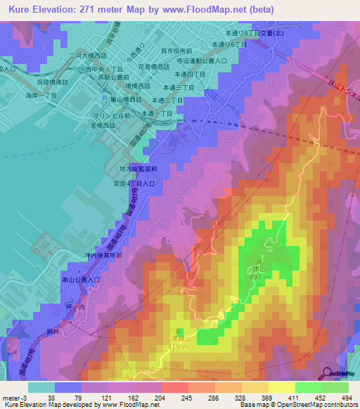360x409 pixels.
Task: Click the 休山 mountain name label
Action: pos(259,268)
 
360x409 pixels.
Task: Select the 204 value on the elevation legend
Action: pos(146,397)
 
